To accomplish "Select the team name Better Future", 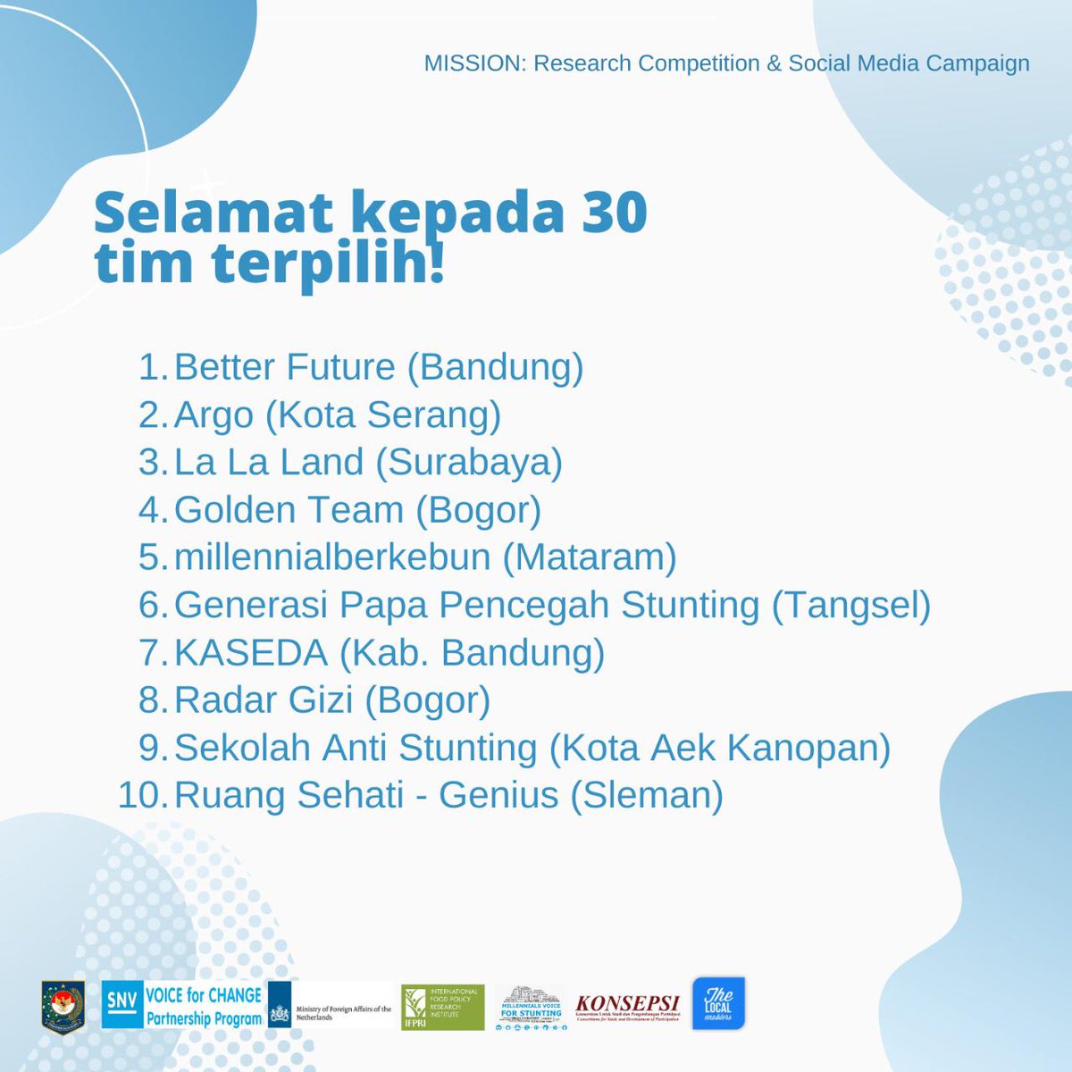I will [x=284, y=367].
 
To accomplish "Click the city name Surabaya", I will [x=469, y=462].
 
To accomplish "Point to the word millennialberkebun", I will [x=332, y=557].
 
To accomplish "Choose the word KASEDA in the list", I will [x=251, y=653].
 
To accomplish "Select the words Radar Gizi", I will [x=264, y=700].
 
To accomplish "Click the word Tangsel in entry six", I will [x=850, y=605].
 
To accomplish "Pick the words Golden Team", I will [x=289, y=510].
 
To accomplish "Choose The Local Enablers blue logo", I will [x=718, y=1003].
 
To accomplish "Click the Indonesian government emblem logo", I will [x=63, y=1005].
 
